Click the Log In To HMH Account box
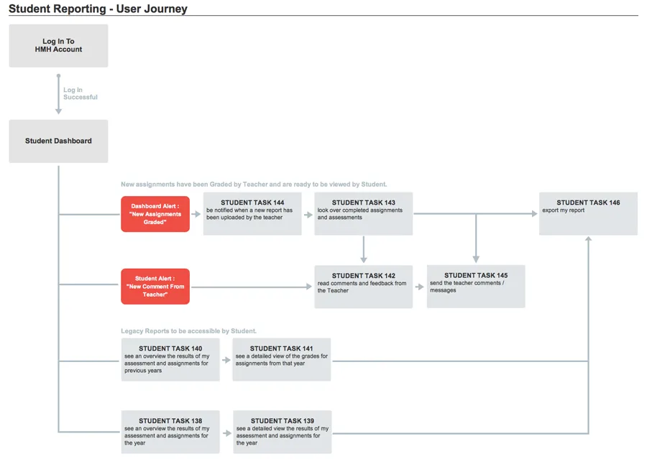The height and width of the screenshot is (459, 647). (x=59, y=46)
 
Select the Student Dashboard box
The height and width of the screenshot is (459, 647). (x=59, y=141)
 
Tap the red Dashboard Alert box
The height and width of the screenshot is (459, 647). (x=155, y=214)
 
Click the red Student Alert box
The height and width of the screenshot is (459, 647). (x=155, y=287)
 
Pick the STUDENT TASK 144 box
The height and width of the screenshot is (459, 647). (x=252, y=213)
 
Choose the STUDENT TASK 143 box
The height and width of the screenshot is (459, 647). (x=364, y=213)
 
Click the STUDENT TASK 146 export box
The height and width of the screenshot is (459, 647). (x=588, y=213)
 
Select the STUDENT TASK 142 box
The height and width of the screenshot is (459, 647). (x=364, y=287)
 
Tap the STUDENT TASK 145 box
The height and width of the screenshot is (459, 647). (x=476, y=286)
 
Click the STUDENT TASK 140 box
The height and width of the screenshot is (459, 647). (x=170, y=360)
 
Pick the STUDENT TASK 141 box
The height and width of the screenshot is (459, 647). (x=281, y=360)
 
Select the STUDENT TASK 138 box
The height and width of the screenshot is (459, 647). (x=170, y=432)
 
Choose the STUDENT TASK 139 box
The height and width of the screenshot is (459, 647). (x=283, y=432)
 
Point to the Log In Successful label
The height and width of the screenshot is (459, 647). (x=81, y=93)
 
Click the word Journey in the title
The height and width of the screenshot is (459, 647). (x=152, y=9)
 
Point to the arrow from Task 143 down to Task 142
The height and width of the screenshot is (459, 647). (x=364, y=249)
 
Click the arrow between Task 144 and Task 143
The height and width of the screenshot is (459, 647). (x=308, y=215)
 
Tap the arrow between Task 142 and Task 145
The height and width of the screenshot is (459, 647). (x=420, y=287)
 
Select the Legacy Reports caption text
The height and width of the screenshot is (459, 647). (x=188, y=330)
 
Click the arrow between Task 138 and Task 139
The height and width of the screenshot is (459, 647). (x=227, y=433)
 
